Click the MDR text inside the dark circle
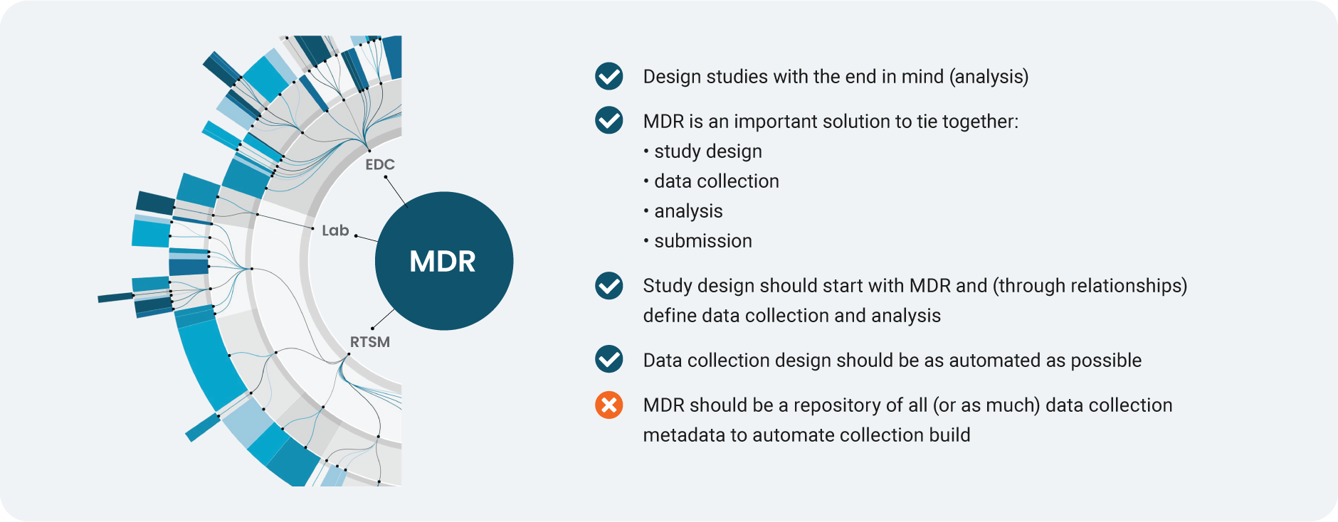[x=443, y=262]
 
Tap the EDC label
[x=380, y=164]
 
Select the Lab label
[x=335, y=230]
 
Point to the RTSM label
[x=370, y=342]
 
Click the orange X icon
[x=609, y=405]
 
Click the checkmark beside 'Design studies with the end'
[x=609, y=76]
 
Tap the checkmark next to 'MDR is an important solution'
[x=609, y=121]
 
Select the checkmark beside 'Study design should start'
[x=609, y=285]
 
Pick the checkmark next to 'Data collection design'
[x=609, y=360]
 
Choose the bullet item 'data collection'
[x=716, y=181]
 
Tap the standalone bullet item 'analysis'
[x=688, y=211]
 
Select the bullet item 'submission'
[x=702, y=241]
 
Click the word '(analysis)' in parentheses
[x=989, y=77]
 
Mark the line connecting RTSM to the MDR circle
[x=384, y=319]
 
